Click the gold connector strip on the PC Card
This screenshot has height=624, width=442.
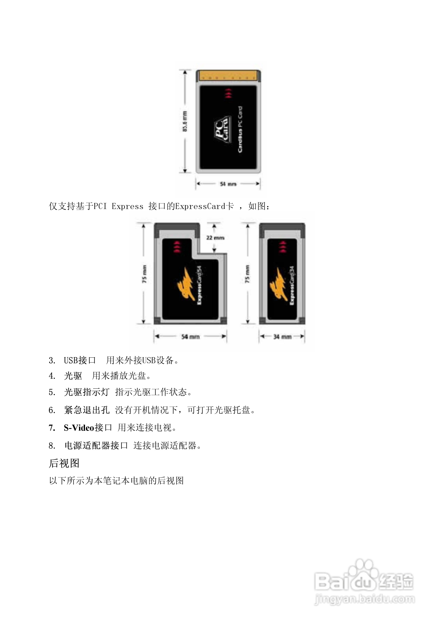coord(228,75)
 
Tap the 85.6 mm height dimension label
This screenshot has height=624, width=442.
coord(185,121)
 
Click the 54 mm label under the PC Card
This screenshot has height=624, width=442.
coord(228,184)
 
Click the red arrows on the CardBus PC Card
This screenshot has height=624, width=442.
coord(228,93)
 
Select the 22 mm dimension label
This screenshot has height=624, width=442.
coord(215,238)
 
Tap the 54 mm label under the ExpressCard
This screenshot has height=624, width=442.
coord(190,337)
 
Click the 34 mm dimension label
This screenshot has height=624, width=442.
coord(282,337)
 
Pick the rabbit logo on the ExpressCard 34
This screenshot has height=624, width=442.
coord(278,284)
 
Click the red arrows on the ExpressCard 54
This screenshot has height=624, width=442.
coord(177,246)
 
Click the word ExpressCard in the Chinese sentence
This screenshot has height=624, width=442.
coord(200,206)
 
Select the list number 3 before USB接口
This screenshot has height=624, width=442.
coord(52,361)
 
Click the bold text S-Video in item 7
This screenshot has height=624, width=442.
coord(79,427)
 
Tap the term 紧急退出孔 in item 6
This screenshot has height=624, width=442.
coord(87,410)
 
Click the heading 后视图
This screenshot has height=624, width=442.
coord(64,463)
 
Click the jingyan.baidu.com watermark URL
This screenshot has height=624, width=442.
coord(364,599)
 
